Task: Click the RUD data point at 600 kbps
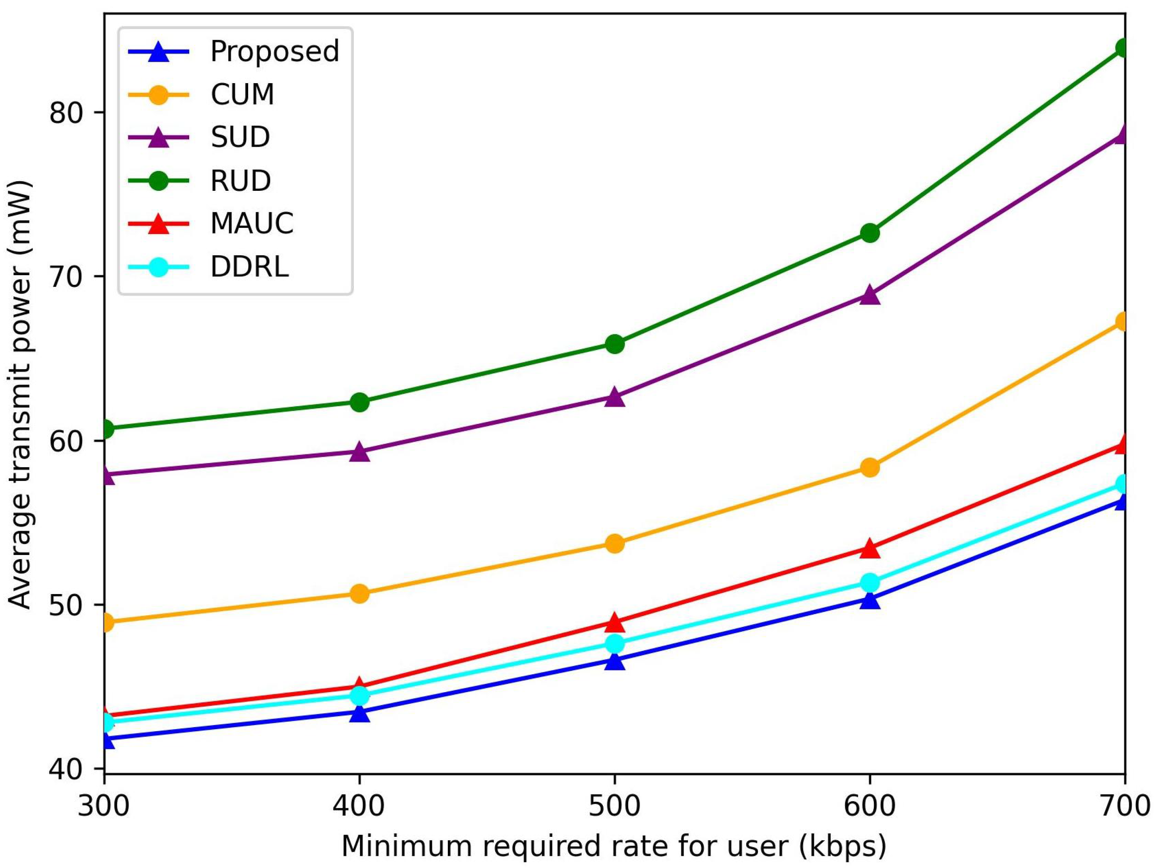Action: [x=869, y=233]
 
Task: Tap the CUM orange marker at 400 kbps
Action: [x=359, y=594]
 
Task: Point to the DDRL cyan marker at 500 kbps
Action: [x=614, y=644]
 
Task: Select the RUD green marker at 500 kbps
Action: [x=614, y=345]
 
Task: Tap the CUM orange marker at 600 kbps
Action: [x=869, y=467]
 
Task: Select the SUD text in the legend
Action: [x=240, y=138]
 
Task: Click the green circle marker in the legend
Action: [x=158, y=181]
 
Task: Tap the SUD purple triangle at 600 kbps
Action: [x=869, y=295]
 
